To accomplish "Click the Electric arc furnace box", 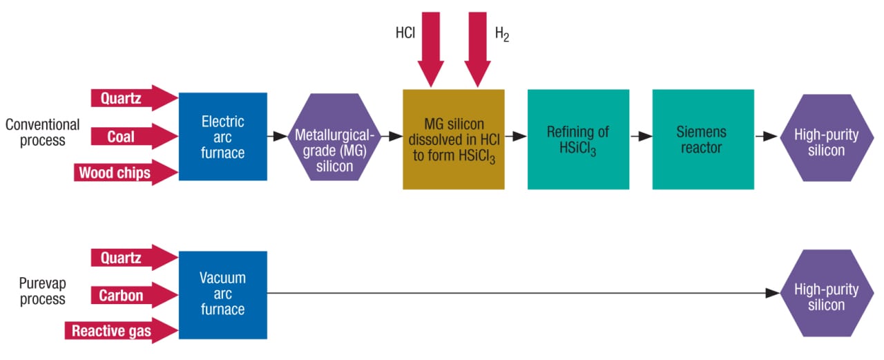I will click(222, 137).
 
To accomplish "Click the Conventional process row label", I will click(42, 133).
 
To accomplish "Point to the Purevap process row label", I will click(42, 292).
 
